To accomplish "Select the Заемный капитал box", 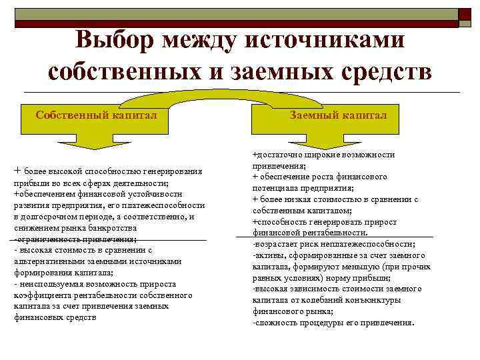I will pos(338,115).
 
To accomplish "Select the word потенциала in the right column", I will pos(276,188).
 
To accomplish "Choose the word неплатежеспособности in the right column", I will pos(369,244).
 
